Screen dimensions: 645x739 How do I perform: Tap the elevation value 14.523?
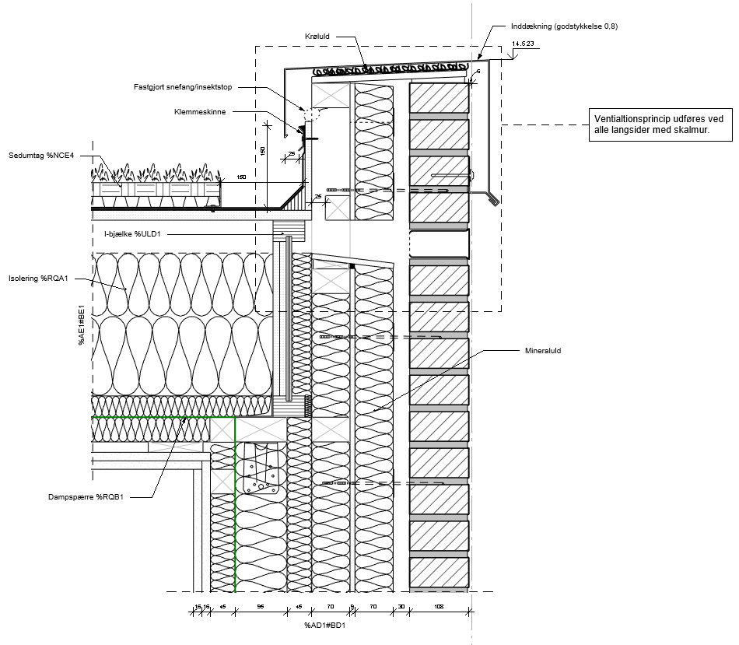tap(523, 44)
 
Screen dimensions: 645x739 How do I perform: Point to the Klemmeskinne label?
tap(200, 112)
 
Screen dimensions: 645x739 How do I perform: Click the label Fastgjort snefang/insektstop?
tap(183, 87)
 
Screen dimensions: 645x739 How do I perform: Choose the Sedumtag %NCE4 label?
tap(41, 156)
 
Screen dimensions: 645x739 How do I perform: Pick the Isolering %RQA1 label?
tap(39, 278)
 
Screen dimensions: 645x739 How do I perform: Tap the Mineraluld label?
tap(544, 351)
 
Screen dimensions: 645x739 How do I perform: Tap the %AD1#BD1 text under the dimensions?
tap(325, 626)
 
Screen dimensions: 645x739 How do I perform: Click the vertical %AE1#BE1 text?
tap(81, 326)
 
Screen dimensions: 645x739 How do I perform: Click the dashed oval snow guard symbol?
tap(311, 114)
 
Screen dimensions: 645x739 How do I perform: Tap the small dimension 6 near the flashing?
tap(478, 71)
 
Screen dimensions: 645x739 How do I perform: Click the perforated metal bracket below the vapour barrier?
tap(260, 470)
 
